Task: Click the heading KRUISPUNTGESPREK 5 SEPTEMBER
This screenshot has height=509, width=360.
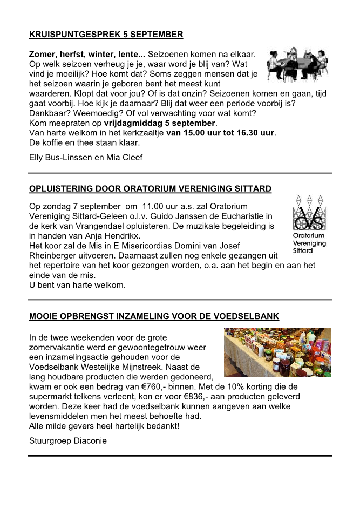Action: (106, 35)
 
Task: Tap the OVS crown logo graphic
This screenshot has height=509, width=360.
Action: (309, 213)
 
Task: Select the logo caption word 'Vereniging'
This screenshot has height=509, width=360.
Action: (309, 243)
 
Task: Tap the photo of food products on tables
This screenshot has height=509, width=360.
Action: (277, 351)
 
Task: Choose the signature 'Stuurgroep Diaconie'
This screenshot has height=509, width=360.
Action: (68, 440)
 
